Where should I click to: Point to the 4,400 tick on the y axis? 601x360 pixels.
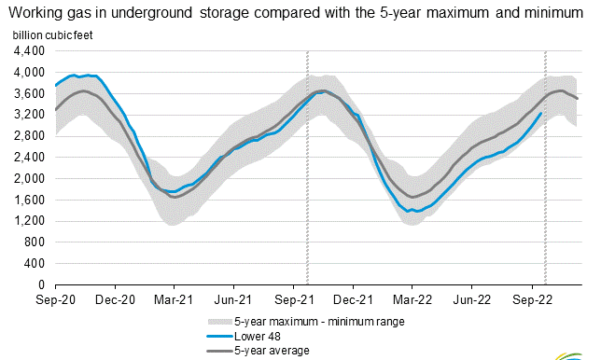click(x=31, y=51)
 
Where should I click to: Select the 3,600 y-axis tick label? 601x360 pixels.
click(x=31, y=93)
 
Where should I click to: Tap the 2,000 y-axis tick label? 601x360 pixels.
click(x=31, y=178)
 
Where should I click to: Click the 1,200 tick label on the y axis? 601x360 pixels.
click(x=31, y=221)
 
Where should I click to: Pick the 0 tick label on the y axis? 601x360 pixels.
click(x=42, y=284)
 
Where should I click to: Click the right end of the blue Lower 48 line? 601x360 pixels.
click(x=541, y=114)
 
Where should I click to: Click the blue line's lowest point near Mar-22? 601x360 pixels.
click(x=412, y=212)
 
